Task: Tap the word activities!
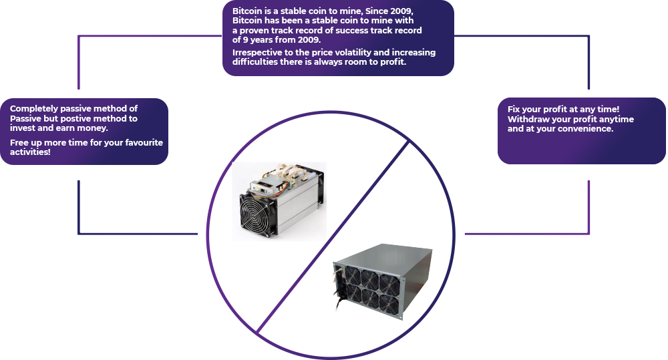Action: pos(30,152)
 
